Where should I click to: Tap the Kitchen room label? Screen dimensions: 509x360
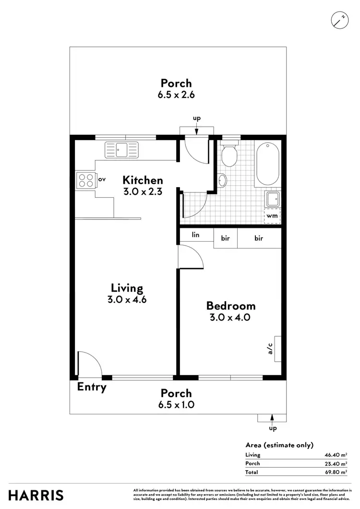(x=143, y=180)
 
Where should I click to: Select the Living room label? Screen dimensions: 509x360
(x=127, y=288)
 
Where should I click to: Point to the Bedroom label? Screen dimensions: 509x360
(x=231, y=306)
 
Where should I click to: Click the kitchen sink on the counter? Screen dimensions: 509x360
(x=121, y=150)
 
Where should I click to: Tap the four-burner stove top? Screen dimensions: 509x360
(x=86, y=180)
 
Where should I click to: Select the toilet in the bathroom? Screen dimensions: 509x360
(x=229, y=153)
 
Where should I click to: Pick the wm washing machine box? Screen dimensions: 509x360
(x=272, y=216)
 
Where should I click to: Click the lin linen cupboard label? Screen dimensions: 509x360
(x=195, y=235)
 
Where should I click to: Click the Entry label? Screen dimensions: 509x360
(x=92, y=387)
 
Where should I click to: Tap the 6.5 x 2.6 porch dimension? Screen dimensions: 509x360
(x=176, y=95)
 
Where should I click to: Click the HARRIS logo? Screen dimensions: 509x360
(x=36, y=495)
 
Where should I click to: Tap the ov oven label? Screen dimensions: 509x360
(x=102, y=179)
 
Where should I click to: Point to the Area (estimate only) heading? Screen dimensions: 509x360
(x=279, y=445)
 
